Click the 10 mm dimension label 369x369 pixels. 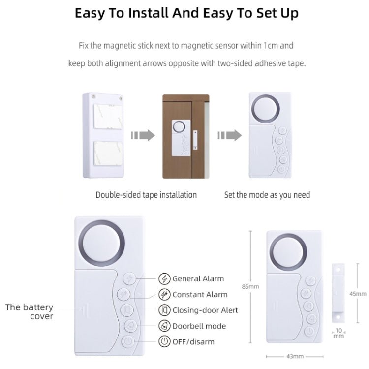(x=338, y=333)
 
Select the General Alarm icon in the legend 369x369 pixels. (x=164, y=278)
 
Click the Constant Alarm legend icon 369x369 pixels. (x=164, y=294)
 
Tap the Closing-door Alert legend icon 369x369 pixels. (x=164, y=310)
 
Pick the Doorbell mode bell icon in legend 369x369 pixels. (x=164, y=326)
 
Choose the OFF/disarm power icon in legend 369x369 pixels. (x=164, y=341)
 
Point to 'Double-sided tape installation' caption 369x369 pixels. (x=146, y=195)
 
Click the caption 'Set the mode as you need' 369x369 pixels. (x=267, y=195)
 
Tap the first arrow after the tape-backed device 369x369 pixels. (x=143, y=135)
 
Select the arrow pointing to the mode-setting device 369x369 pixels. (x=230, y=135)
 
